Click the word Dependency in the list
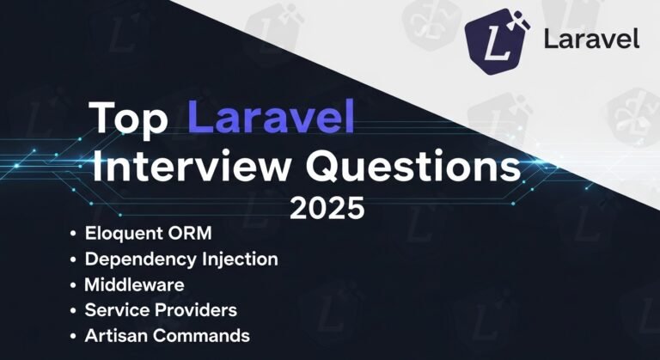coord(135,259)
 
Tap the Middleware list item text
coord(134,284)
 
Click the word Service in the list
coord(116,309)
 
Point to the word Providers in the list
coord(195,309)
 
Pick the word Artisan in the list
coord(115,335)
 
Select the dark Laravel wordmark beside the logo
coord(591,40)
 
